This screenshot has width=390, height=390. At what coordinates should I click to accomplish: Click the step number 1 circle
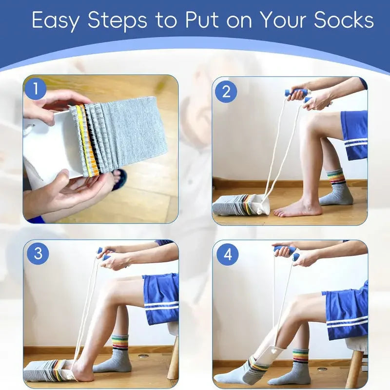click(x=36, y=89)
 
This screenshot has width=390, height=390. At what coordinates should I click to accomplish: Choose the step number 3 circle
click(x=38, y=253)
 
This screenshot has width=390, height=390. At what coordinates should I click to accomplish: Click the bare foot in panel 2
click(x=297, y=209)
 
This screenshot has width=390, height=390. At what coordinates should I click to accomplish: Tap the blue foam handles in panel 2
click(x=298, y=94)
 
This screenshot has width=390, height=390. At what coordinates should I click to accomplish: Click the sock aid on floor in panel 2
click(x=241, y=205)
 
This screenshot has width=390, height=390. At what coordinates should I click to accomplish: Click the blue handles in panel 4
click(x=285, y=251)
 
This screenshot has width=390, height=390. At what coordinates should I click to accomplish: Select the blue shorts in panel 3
click(x=161, y=297)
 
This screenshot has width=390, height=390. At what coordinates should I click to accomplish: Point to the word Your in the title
click(x=283, y=20)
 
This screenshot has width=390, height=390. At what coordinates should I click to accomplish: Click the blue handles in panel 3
click(x=104, y=253)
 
